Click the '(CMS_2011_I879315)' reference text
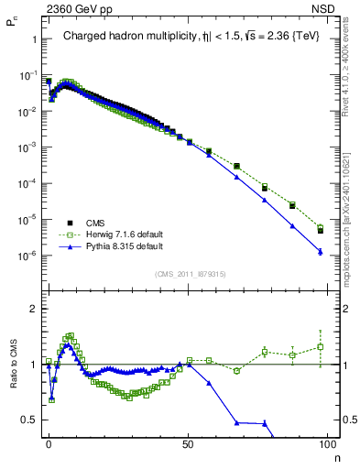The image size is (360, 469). tap(190, 274)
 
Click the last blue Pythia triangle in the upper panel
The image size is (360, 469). tap(320, 251)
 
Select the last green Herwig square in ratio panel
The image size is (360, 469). tap(320, 346)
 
